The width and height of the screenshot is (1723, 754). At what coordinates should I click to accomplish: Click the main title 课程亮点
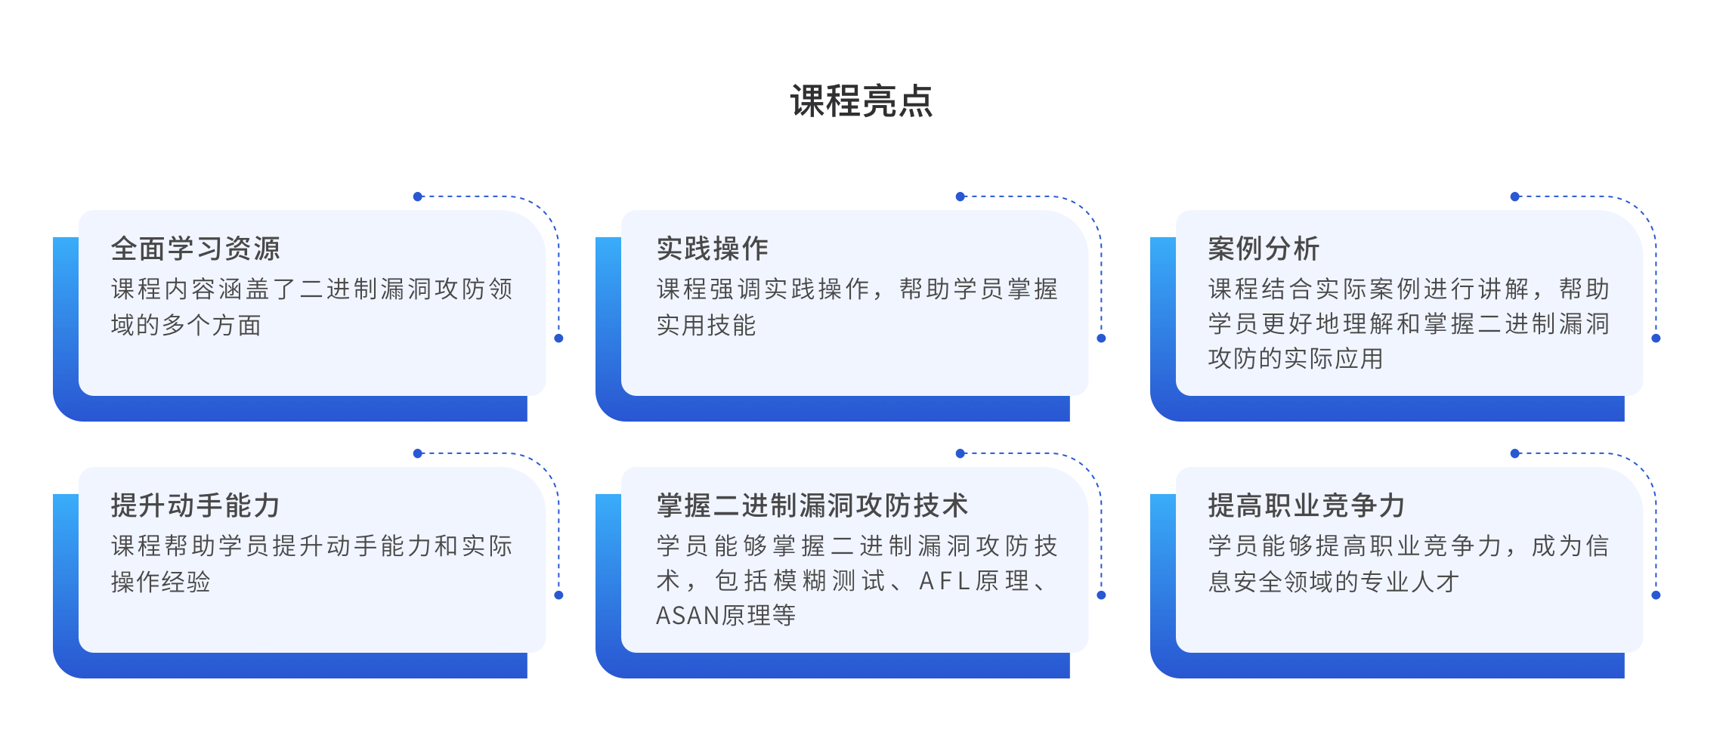click(x=861, y=101)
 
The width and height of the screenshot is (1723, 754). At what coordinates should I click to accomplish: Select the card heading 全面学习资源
click(x=195, y=249)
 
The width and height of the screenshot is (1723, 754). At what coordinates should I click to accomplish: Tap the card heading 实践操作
click(x=712, y=249)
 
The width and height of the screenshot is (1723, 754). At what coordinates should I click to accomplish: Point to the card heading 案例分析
click(x=1264, y=249)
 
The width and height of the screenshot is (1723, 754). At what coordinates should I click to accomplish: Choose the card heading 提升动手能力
click(x=195, y=505)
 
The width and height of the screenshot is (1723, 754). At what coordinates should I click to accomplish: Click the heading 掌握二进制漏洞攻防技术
click(x=812, y=505)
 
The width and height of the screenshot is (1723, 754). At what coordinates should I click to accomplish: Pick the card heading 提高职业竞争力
click(x=1306, y=505)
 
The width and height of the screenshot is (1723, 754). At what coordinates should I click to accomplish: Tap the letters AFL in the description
click(x=944, y=581)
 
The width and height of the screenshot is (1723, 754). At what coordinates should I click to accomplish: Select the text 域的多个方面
click(x=186, y=325)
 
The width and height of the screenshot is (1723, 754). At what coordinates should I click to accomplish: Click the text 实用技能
click(x=706, y=325)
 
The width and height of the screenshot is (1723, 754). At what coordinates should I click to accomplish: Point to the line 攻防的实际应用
click(x=1295, y=358)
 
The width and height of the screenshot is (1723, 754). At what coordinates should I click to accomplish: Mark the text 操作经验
click(x=160, y=582)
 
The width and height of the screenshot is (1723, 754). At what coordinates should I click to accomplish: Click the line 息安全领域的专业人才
click(x=1333, y=582)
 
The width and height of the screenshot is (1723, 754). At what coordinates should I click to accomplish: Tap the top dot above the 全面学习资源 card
click(x=418, y=196)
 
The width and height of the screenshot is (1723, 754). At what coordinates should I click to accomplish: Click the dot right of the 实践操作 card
click(x=1101, y=338)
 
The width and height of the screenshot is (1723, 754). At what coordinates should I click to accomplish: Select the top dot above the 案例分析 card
click(x=1514, y=196)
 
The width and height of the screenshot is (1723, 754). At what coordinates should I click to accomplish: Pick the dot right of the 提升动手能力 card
click(x=558, y=595)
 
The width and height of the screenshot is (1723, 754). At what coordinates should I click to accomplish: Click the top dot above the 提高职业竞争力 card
click(x=1514, y=453)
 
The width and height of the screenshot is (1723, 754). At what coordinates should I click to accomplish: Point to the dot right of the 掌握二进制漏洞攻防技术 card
click(x=1101, y=595)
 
